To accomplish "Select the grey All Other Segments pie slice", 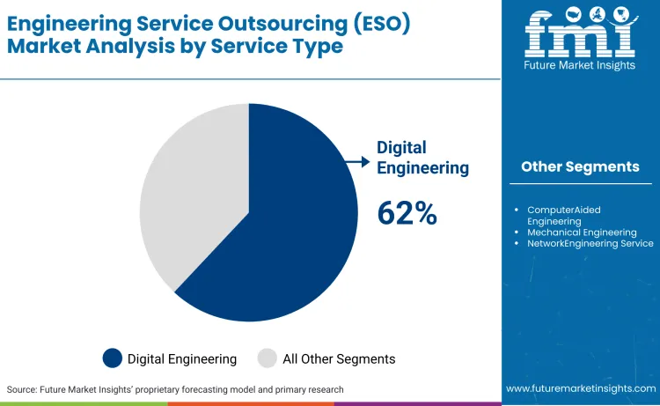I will (x=189, y=194).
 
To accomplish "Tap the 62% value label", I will (x=407, y=213).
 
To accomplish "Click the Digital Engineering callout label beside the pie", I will (x=422, y=158).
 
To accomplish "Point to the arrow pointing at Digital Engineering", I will (x=356, y=161).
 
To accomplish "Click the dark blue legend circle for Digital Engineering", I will (x=113, y=358).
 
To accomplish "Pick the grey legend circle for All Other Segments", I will (x=268, y=358).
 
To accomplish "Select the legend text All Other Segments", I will (x=339, y=358).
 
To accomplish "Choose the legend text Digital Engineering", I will (x=182, y=358).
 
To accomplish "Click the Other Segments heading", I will (x=580, y=166).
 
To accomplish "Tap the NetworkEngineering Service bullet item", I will (x=590, y=243).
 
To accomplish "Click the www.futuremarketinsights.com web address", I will (x=580, y=388).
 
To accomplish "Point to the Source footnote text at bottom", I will (x=175, y=389).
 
